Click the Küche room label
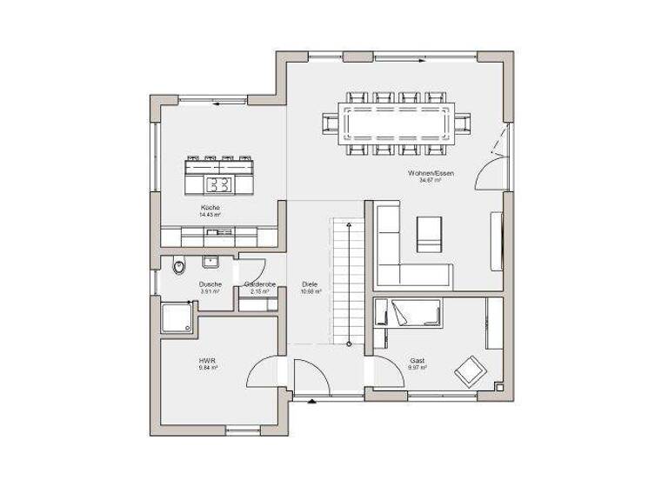210,208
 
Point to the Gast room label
417,360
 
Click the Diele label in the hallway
310,284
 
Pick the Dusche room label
210,284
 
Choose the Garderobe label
259,284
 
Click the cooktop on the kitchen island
219,183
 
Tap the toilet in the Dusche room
179,266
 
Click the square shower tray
177,317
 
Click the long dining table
397,123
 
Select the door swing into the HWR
264,372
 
